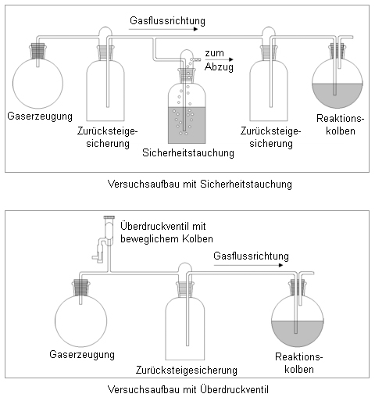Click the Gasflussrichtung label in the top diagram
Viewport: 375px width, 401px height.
tap(167, 21)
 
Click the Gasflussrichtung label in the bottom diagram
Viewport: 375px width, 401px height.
tap(251, 256)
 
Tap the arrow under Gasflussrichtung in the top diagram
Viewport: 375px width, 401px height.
tap(163, 29)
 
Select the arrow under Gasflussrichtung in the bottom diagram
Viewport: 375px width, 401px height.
tap(248, 265)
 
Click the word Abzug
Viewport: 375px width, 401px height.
tap(219, 67)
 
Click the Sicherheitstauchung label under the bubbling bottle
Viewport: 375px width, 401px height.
tap(188, 153)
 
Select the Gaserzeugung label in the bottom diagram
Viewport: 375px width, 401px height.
tap(82, 355)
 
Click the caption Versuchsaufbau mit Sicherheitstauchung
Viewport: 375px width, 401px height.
tap(200, 184)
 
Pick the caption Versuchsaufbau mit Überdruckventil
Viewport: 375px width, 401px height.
tap(188, 390)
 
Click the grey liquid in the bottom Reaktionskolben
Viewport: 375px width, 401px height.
tap(298, 335)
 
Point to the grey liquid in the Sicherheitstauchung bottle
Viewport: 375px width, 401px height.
tap(187, 125)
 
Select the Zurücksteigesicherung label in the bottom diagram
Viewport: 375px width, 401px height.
tap(187, 371)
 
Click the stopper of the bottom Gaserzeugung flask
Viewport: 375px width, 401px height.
tap(80, 287)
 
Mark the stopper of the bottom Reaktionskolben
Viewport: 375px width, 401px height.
tap(298, 287)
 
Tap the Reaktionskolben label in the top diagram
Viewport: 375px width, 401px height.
tap(341, 124)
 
